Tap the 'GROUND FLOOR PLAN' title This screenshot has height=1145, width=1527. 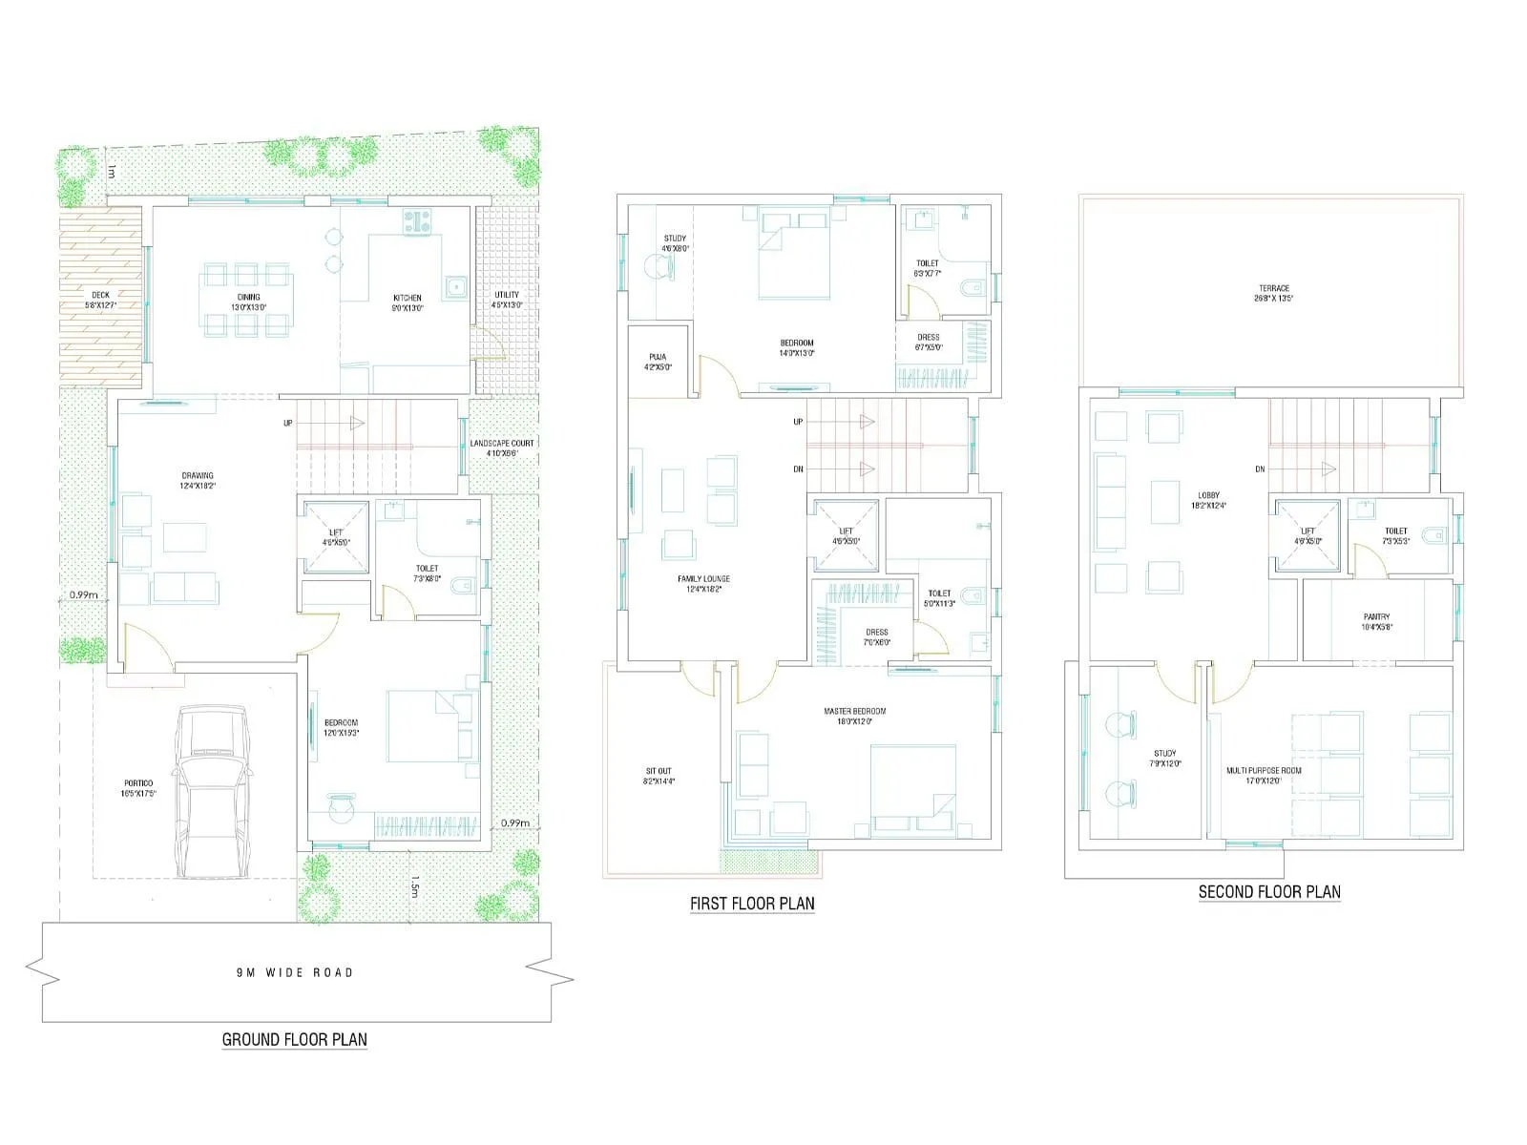pyautogui.click(x=294, y=1039)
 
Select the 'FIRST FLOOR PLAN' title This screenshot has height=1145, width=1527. pyautogui.click(x=752, y=903)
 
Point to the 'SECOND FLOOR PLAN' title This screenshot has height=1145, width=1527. pyautogui.click(x=1269, y=892)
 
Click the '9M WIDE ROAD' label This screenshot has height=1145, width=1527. pyautogui.click(x=295, y=972)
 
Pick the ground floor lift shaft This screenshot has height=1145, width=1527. pyautogui.click(x=335, y=537)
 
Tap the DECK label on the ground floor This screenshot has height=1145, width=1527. pyautogui.click(x=100, y=300)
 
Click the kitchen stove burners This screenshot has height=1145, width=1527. pyautogui.click(x=417, y=221)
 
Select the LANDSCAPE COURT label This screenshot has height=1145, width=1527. pyautogui.click(x=502, y=448)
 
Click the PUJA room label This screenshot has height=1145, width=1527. pyautogui.click(x=657, y=362)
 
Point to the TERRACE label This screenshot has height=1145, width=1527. pyautogui.click(x=1273, y=293)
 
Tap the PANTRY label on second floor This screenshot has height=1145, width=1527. pyautogui.click(x=1376, y=621)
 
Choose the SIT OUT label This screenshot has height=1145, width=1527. pyautogui.click(x=659, y=776)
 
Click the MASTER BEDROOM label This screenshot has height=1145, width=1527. pyautogui.click(x=854, y=716)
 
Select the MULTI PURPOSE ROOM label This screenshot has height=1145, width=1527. pyautogui.click(x=1264, y=775)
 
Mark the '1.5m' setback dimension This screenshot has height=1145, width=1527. pyautogui.click(x=413, y=887)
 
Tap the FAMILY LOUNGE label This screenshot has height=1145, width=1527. pyautogui.click(x=703, y=583)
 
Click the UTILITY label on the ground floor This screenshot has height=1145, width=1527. pyautogui.click(x=507, y=300)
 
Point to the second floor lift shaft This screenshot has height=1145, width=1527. pyautogui.click(x=1307, y=536)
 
